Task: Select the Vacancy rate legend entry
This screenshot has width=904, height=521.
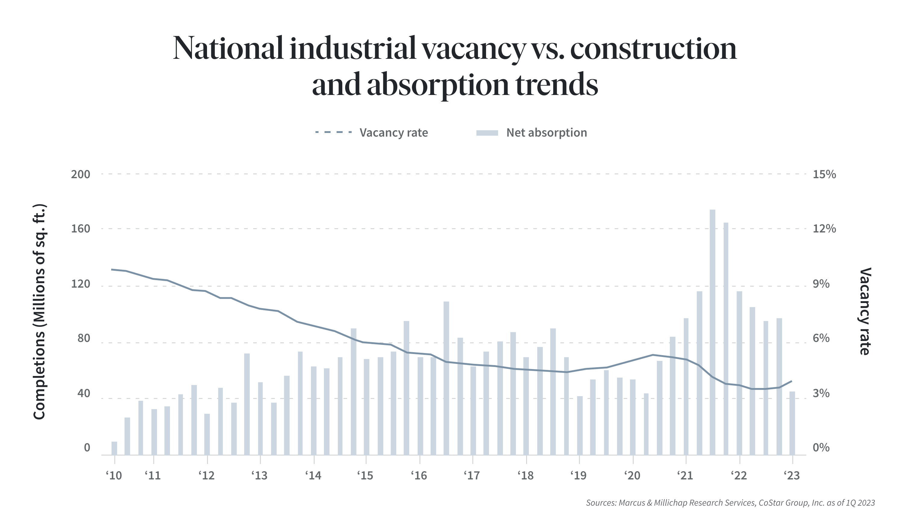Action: pos(393,133)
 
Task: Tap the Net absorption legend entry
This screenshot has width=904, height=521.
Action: pos(546,133)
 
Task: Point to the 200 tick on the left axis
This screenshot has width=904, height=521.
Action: pos(80,174)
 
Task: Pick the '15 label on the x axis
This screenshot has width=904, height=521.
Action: pos(365,475)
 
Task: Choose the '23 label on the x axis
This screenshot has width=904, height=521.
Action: pos(792,475)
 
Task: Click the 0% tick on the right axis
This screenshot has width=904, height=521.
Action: pos(821,448)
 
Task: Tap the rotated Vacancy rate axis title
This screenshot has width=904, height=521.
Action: pos(865,311)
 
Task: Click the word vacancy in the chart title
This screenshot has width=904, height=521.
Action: pos(473,49)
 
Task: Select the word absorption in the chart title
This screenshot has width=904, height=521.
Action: pos(438,86)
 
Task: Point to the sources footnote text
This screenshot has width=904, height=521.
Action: pos(730,503)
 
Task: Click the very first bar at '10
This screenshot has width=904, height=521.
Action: pos(115,448)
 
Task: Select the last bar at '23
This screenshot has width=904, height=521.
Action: pos(792,423)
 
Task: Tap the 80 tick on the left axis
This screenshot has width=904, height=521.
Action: pos(84,338)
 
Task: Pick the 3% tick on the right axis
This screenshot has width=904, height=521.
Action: pos(821,393)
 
